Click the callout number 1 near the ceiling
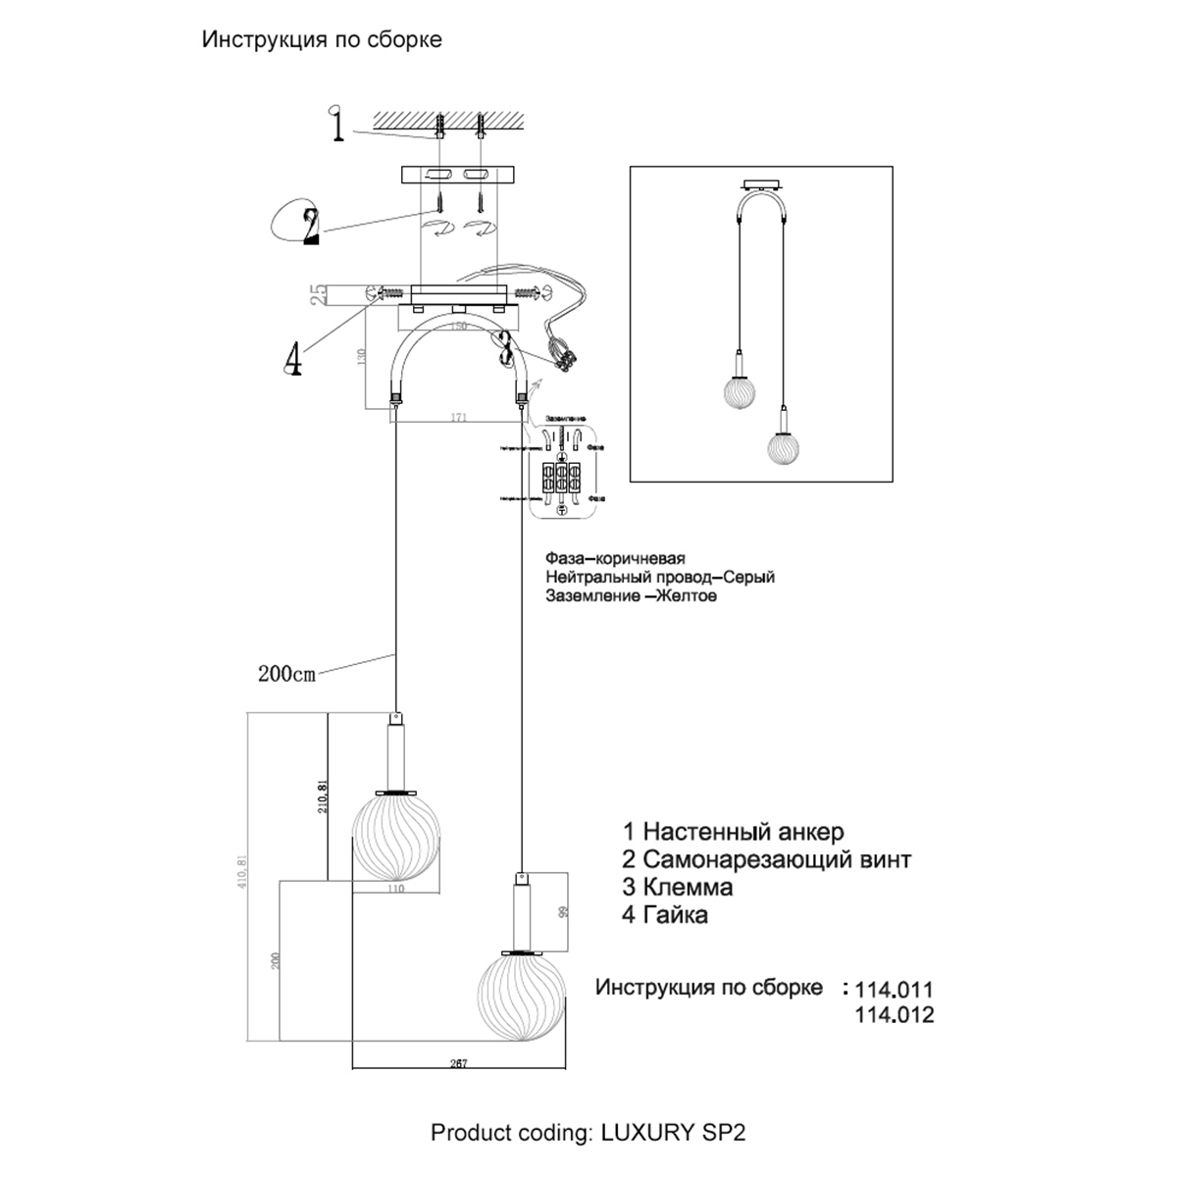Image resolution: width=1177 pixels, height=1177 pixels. click(x=336, y=128)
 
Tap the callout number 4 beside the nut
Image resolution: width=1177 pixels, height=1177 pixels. click(x=291, y=360)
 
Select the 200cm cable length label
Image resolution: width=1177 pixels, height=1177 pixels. click(x=286, y=674)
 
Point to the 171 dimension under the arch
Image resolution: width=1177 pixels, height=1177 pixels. click(x=458, y=418)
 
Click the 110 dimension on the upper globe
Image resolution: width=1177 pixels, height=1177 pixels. click(x=395, y=890)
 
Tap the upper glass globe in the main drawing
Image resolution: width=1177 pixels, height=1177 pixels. click(x=394, y=837)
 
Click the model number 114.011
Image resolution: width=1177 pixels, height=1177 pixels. click(x=894, y=990)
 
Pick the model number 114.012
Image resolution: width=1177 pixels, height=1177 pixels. click(x=894, y=1015)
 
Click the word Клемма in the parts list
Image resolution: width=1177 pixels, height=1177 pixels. click(x=689, y=888)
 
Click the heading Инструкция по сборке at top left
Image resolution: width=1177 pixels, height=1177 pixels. click(x=322, y=39)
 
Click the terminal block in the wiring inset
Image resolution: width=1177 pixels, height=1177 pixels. click(x=561, y=481)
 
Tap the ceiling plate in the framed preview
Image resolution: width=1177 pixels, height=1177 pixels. click(x=760, y=186)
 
